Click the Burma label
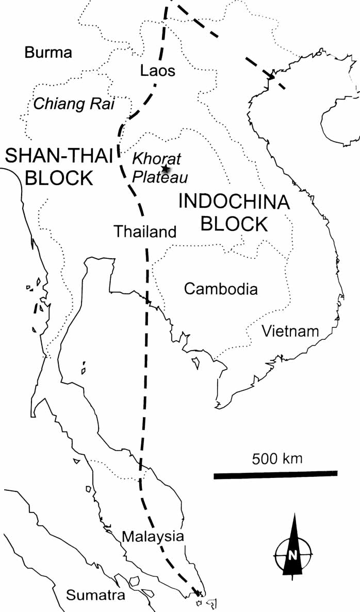48,53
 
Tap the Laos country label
158,71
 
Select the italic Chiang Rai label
74,104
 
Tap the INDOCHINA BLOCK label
234,212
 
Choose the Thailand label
145,232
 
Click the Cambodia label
221,289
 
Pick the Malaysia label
153,536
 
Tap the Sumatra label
96,596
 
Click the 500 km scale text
277,458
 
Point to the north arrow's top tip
293,516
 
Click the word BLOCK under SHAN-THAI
59,178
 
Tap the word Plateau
160,177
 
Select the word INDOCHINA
234,202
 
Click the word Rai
103,104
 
